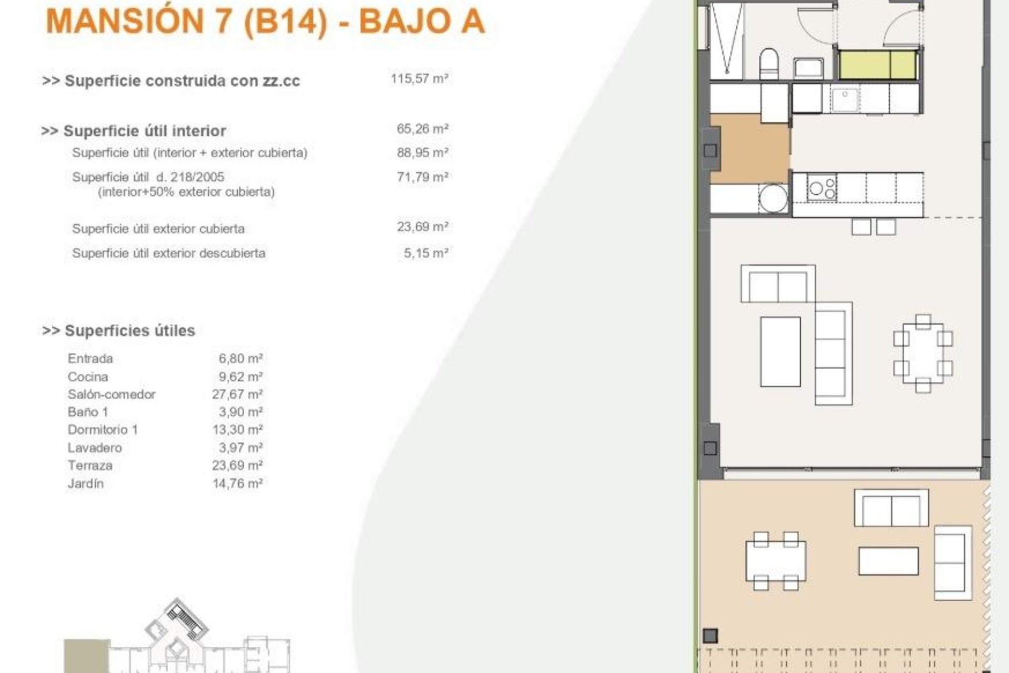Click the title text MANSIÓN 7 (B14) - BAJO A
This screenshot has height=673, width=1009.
[265, 21]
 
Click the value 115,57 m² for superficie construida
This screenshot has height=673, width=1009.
[419, 79]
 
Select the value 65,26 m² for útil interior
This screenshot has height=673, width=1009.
[422, 129]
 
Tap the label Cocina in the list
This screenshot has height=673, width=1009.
[88, 377]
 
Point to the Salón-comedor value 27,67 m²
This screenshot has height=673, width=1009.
[237, 394]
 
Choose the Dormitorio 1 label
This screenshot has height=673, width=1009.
[102, 430]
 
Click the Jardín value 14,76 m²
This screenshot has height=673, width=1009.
[237, 483]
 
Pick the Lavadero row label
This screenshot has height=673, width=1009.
[95, 448]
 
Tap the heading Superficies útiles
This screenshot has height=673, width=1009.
[129, 331]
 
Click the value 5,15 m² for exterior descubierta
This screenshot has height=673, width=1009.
[426, 253]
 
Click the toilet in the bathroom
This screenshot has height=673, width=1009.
[769, 64]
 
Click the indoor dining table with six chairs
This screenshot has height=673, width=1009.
[923, 353]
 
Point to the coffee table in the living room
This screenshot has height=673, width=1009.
[780, 351]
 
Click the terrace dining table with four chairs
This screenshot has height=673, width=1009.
[776, 560]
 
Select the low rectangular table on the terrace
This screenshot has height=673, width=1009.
[888, 561]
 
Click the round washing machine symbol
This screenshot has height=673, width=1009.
[774, 199]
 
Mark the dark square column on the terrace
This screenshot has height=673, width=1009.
[710, 635]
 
